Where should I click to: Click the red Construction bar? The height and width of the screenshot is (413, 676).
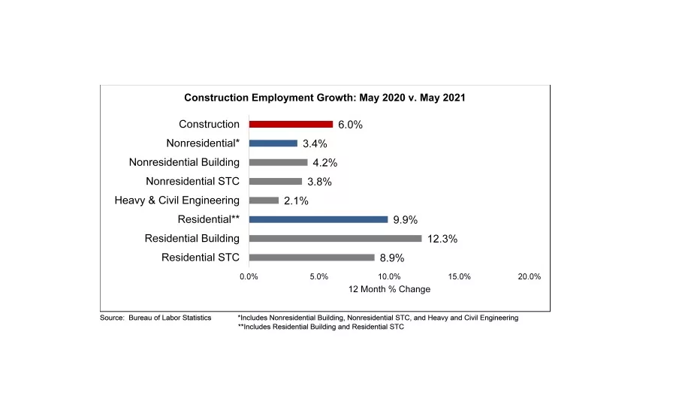click(291, 124)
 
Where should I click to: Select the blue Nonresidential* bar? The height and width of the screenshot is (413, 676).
click(273, 143)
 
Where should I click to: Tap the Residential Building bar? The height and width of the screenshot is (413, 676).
click(335, 238)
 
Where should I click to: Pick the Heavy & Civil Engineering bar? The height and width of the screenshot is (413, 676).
click(264, 200)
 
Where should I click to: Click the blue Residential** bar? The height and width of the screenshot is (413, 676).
click(318, 219)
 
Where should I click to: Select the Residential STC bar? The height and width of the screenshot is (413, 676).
click(312, 258)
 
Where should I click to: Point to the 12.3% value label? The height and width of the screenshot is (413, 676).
click(442, 239)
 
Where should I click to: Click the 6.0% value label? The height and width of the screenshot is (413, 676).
click(350, 125)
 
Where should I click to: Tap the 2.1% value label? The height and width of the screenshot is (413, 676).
click(296, 201)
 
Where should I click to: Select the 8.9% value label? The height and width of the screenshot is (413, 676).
click(391, 258)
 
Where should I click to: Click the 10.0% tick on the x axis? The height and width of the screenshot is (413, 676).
click(389, 276)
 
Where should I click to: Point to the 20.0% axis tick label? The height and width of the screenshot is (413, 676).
click(530, 276)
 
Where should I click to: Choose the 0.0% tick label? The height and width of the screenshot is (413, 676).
click(249, 276)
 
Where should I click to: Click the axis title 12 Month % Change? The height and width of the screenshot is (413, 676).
click(389, 289)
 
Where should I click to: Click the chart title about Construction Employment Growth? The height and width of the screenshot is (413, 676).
click(325, 98)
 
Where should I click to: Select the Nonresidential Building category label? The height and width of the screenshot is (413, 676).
click(184, 162)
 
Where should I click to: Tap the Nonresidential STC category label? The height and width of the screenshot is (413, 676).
click(192, 181)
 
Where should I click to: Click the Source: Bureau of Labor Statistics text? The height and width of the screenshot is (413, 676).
click(155, 318)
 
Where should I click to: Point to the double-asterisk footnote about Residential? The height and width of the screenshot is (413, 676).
click(321, 327)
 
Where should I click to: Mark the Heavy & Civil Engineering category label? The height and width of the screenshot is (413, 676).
click(177, 200)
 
